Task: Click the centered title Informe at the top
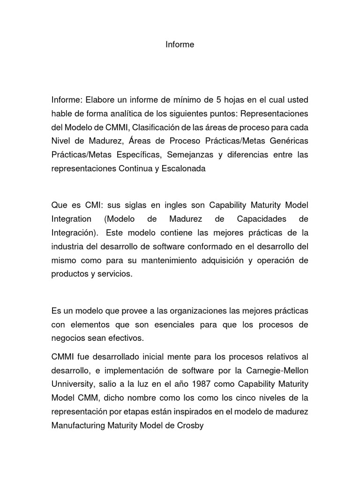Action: [x=180, y=45]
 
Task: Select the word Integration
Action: [x=71, y=219]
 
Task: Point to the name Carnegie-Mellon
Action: [x=281, y=370]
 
